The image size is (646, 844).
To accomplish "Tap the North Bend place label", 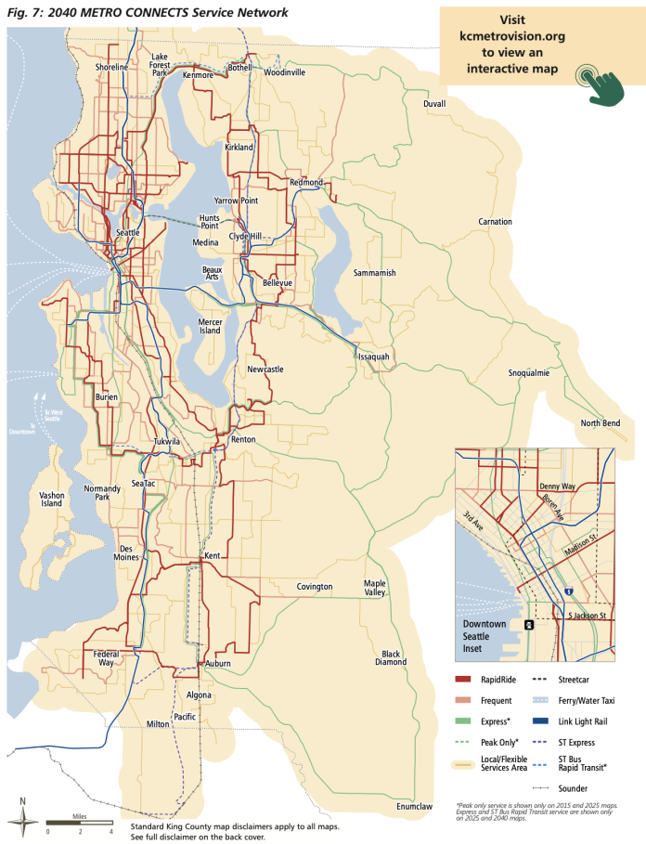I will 600,423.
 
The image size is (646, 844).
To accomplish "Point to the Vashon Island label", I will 52,500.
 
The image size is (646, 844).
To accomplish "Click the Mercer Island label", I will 211,327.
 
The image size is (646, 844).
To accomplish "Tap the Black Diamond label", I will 391,658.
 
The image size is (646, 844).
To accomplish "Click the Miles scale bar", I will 80,823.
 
